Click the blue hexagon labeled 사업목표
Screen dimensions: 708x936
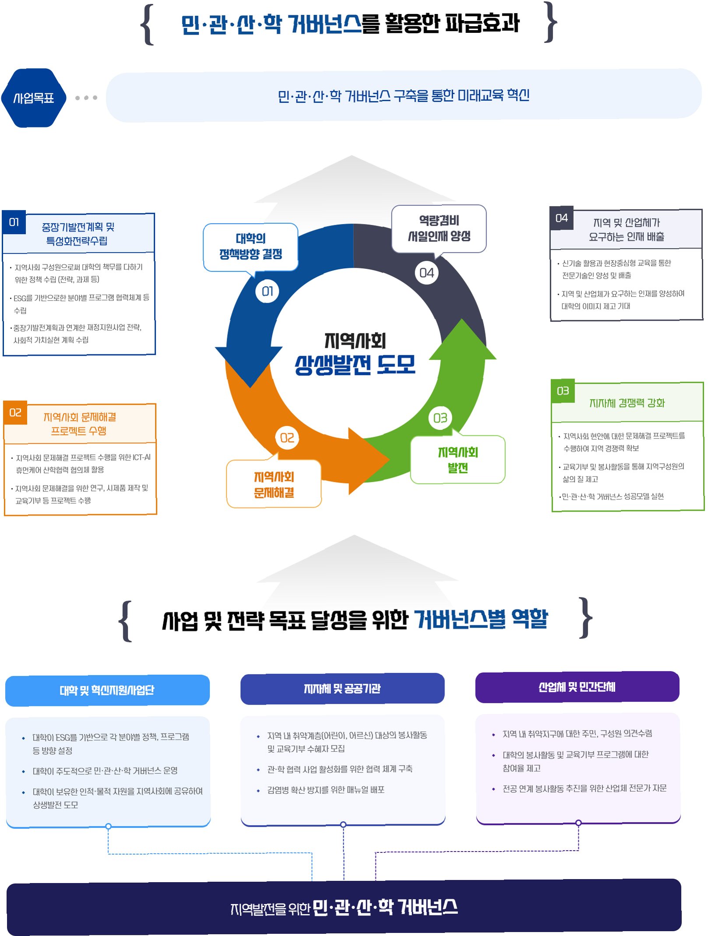[34, 98]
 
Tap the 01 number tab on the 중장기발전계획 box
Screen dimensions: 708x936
[14, 222]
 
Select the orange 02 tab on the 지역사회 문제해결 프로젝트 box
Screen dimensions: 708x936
[15, 413]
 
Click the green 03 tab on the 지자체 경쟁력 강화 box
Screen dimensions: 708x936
[563, 391]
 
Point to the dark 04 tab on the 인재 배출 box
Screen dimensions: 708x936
[561, 218]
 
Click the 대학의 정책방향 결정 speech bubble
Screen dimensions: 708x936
[250, 246]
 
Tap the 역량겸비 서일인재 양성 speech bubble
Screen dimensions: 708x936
[439, 228]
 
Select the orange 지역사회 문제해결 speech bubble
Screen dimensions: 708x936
[274, 484]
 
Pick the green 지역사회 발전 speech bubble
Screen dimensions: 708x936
[458, 460]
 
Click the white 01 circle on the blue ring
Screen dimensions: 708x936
[267, 291]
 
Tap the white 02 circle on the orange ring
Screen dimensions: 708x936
[287, 438]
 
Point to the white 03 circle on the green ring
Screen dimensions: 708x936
[440, 418]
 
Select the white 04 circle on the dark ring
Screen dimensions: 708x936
[426, 273]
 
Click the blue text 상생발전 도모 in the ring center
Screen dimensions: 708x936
[355, 365]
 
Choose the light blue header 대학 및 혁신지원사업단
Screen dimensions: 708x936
[107, 690]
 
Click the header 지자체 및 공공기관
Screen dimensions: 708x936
[342, 689]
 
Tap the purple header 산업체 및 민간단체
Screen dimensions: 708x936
[577, 687]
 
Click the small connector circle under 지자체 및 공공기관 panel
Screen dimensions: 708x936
[343, 824]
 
